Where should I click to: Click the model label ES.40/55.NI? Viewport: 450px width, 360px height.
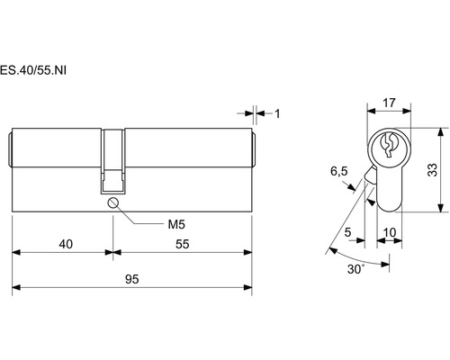coord(33,70)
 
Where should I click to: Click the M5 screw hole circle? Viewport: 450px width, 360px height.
coord(112,203)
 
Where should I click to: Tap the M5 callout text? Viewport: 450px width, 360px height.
coord(176,224)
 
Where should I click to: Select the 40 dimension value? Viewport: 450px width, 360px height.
coord(66,244)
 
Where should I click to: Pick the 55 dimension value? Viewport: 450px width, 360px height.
coord(182,244)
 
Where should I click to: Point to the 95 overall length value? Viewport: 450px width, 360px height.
coord(132,279)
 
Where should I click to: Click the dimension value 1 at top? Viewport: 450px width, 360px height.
coord(277,113)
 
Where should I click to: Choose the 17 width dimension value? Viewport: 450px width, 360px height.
coord(389,103)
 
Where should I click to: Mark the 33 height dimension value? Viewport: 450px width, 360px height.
coord(432,170)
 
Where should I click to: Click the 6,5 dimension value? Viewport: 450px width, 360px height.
coord(339,171)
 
